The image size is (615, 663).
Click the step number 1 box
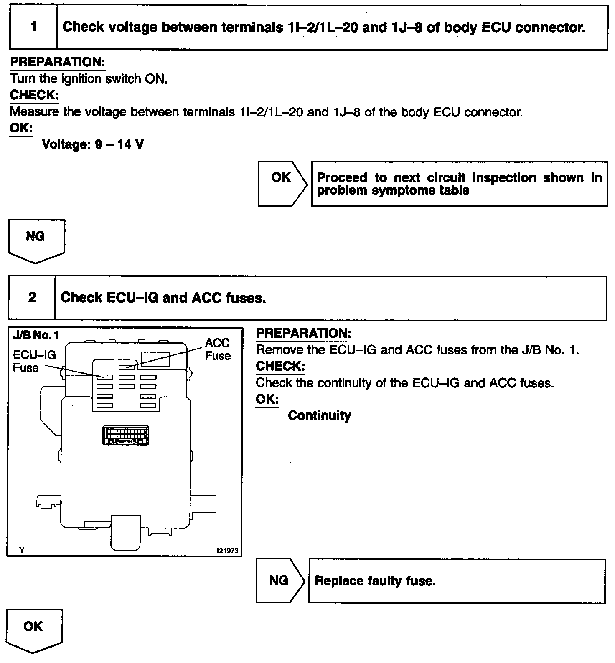[33, 27]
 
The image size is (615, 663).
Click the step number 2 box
[32, 298]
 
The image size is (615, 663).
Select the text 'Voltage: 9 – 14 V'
[93, 145]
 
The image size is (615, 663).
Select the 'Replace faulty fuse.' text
[375, 581]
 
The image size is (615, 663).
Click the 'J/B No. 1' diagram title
[37, 335]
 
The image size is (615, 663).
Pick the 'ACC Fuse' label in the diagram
[218, 349]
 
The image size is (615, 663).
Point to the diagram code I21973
[227, 551]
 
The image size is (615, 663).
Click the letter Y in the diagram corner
[22, 550]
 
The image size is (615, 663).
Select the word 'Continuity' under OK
[320, 415]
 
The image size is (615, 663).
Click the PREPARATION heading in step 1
[57, 62]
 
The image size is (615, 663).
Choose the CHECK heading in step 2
[280, 366]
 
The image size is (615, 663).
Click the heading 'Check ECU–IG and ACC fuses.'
[163, 298]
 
